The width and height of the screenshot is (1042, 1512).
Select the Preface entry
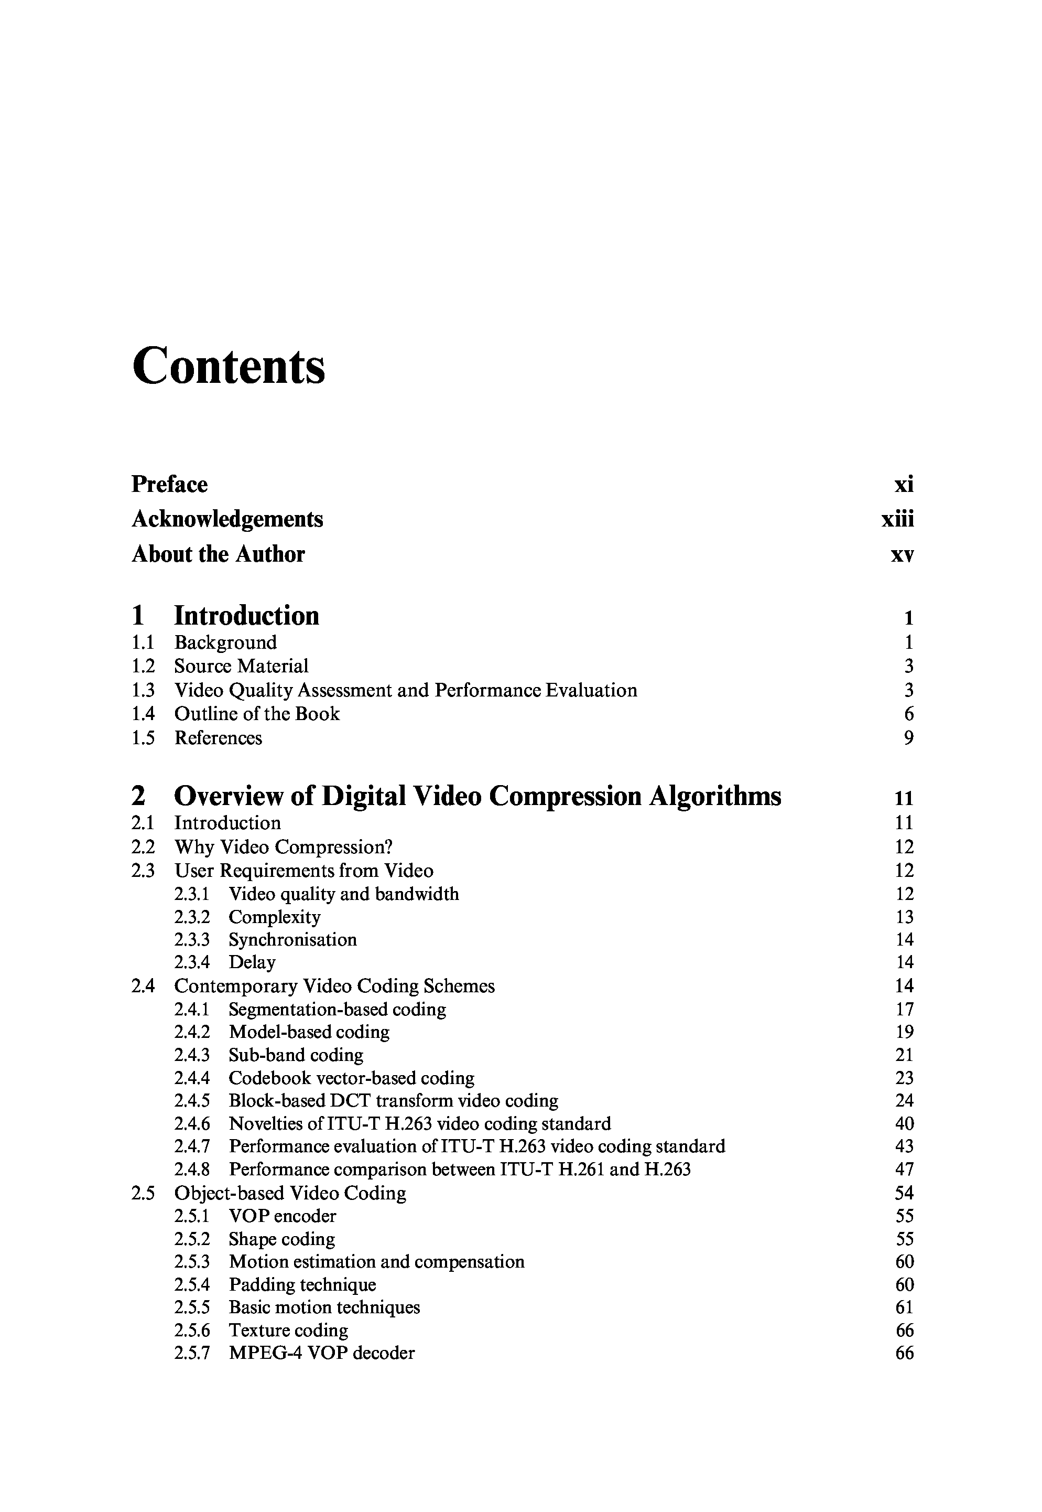tap(170, 485)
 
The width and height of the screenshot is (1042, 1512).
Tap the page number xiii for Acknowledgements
tap(898, 519)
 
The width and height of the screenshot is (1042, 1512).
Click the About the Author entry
tap(218, 554)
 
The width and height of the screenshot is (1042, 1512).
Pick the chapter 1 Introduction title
tap(246, 616)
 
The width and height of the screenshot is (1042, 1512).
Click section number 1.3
tap(143, 690)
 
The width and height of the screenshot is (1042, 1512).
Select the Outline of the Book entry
tap(257, 714)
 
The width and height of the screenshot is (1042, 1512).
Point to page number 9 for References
tap(908, 738)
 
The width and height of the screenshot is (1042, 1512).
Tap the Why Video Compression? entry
tap(284, 847)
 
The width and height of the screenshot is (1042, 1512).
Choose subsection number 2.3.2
tap(192, 917)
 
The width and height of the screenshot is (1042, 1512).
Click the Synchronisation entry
tap(292, 940)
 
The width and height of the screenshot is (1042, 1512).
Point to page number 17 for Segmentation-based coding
tap(904, 1010)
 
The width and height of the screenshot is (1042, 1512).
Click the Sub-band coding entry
tap(296, 1055)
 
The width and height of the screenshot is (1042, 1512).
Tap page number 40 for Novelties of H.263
tap(904, 1123)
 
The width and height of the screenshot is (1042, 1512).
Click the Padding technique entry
tap(302, 1285)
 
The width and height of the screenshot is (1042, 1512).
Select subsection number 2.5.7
tap(192, 1353)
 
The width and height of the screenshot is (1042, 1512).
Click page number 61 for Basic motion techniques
tap(904, 1307)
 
